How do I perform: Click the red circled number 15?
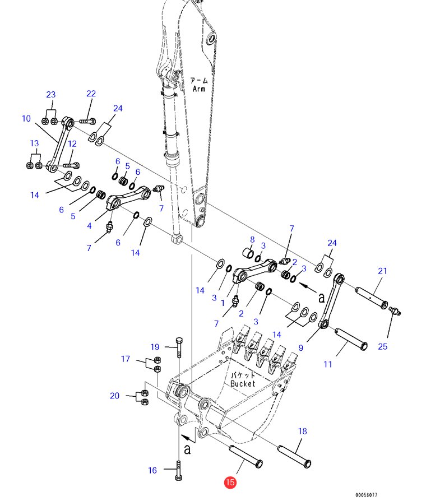pyautogui.click(x=230, y=482)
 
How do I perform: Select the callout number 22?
pyautogui.click(x=91, y=94)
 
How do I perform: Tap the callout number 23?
pyautogui.click(x=51, y=94)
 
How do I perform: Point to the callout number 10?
pyautogui.click(x=26, y=118)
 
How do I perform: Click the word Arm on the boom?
pyautogui.click(x=198, y=89)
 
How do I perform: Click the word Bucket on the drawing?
pyautogui.click(x=243, y=384)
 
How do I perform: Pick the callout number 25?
pyautogui.click(x=382, y=347)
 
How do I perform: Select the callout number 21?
pyautogui.click(x=382, y=271)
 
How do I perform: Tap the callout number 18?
pyautogui.click(x=302, y=431)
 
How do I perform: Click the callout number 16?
pyautogui.click(x=152, y=470)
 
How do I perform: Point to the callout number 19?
pyautogui.click(x=155, y=347)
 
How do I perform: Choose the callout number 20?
pyautogui.click(x=114, y=396)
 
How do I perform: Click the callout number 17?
pyautogui.click(x=126, y=359)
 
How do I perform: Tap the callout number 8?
pyautogui.click(x=252, y=239)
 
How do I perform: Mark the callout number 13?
pyautogui.click(x=34, y=143)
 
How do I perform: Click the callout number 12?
pyautogui.click(x=72, y=144)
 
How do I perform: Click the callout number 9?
pyautogui.click(x=300, y=347)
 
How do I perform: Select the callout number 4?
pyautogui.click(x=89, y=226)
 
